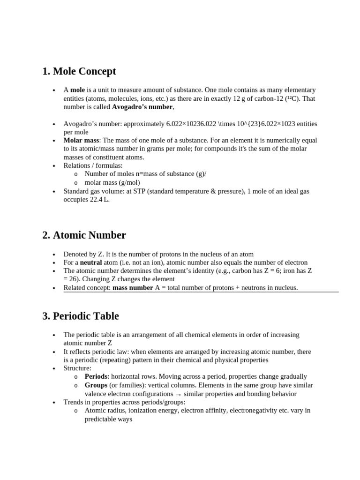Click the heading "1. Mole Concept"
coord(79,71)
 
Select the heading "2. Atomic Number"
coord(84,235)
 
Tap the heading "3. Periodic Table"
coord(80,316)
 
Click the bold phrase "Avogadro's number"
coord(142,107)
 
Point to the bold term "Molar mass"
coord(82,140)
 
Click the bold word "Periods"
coord(96,376)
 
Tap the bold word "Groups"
coord(96,385)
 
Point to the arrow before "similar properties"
coord(178,394)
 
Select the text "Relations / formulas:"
coord(93,165)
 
